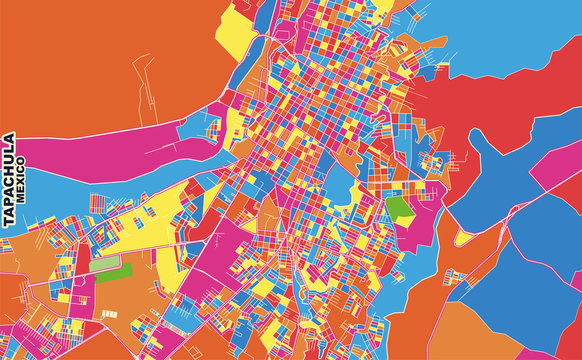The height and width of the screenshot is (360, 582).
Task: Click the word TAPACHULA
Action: click(8, 181)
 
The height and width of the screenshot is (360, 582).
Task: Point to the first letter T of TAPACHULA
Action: click(8, 225)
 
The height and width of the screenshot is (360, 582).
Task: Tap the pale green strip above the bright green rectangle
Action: click(100, 259)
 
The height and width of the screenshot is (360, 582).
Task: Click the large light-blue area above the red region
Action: click(500, 25)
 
